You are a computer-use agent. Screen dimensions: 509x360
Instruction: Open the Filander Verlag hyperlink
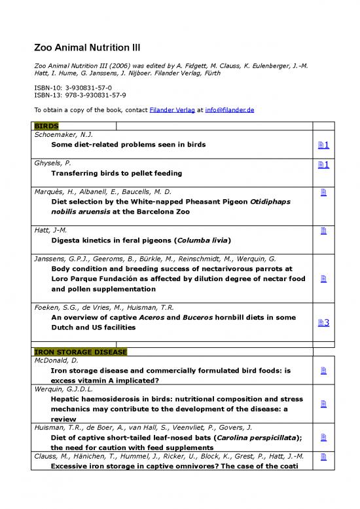click(x=171, y=110)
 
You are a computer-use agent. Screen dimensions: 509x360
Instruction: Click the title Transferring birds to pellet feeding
click(x=117, y=173)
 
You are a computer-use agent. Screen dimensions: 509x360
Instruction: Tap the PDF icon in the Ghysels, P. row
click(x=323, y=164)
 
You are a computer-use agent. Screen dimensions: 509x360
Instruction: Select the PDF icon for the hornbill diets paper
click(x=323, y=323)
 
